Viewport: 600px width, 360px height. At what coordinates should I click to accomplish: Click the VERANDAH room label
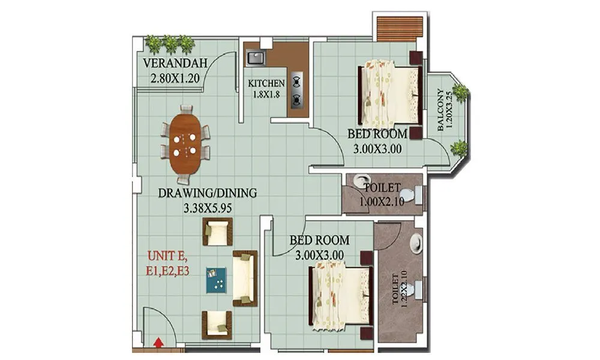point(175,64)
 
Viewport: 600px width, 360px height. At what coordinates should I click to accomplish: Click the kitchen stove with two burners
point(296,90)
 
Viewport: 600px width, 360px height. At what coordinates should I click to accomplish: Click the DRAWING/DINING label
point(208,193)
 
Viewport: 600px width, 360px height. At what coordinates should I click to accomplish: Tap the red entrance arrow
point(158,343)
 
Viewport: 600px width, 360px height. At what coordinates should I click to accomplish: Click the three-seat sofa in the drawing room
point(244,279)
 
